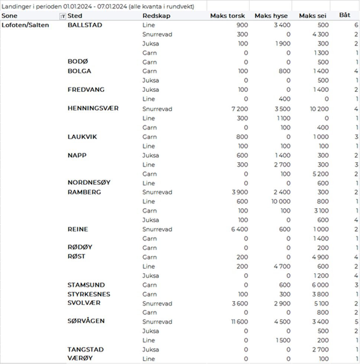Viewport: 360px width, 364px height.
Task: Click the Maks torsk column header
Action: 227,16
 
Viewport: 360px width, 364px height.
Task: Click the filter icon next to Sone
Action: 63,16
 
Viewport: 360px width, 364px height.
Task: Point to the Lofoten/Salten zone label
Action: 25,25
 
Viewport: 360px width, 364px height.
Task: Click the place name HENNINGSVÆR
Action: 93,108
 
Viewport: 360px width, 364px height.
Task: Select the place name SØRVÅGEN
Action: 86,321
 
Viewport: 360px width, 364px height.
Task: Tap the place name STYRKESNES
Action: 89,294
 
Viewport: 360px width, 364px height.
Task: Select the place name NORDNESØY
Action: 89,183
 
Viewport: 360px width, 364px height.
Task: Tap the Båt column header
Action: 345,15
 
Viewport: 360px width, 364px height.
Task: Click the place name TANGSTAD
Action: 85,349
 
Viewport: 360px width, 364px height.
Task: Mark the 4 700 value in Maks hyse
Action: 282,267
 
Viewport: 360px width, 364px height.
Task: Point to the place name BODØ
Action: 78,61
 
